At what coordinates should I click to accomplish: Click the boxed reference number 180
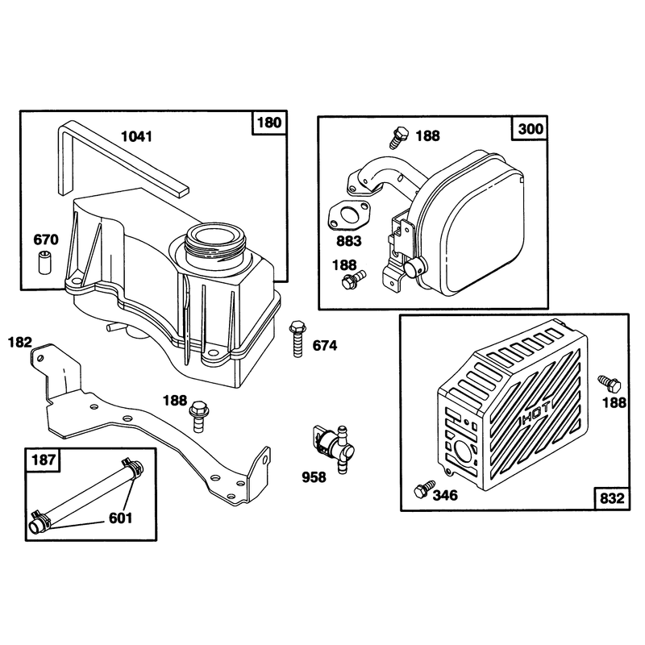(269, 123)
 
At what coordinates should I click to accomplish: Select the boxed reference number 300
(531, 129)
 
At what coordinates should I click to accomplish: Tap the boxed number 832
(612, 498)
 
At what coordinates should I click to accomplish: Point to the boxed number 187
(44, 460)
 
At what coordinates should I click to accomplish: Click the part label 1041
(136, 136)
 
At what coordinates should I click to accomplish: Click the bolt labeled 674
(297, 339)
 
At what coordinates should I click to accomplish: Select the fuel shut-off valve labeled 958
(333, 448)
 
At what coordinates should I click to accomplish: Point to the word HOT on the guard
(535, 418)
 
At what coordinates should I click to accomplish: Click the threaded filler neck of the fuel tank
(215, 246)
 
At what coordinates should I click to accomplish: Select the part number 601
(120, 518)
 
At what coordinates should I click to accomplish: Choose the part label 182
(19, 342)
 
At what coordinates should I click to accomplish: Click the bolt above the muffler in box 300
(398, 137)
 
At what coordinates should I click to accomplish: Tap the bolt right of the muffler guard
(610, 384)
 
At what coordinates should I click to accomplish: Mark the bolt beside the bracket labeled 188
(198, 416)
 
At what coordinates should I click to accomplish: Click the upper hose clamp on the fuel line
(132, 466)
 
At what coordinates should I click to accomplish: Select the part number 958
(314, 477)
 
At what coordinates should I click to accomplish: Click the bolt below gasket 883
(353, 280)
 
